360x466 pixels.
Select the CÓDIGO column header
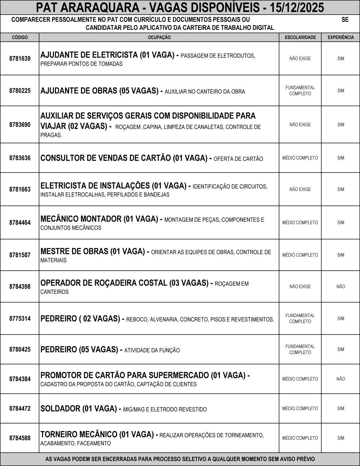click(x=20, y=37)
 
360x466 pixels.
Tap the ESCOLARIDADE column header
click(x=300, y=37)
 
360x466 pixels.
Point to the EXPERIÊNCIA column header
click(x=341, y=37)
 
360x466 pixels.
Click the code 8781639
click(x=20, y=58)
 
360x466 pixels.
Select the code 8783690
click(x=20, y=124)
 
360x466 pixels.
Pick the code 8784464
click(x=20, y=222)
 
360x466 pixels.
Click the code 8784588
click(x=20, y=438)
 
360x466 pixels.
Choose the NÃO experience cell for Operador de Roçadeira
click(x=341, y=287)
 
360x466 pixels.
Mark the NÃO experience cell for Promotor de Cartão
click(x=341, y=379)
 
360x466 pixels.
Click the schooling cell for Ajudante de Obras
click(x=300, y=91)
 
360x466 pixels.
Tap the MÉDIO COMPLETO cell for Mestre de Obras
click(x=300, y=255)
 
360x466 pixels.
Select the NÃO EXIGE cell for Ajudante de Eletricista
click(x=300, y=58)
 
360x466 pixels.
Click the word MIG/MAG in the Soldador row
click(x=133, y=409)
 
